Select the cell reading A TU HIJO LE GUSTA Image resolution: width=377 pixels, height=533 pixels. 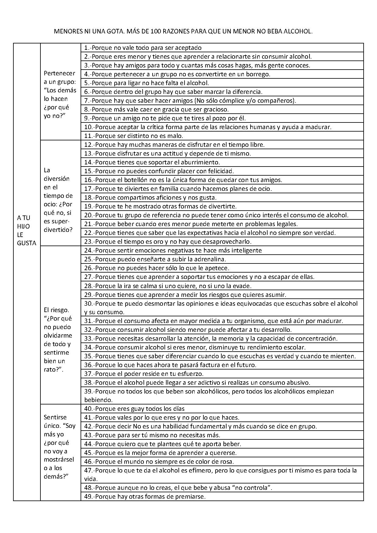point(27,230)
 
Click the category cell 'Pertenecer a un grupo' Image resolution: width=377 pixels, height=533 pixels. point(60,94)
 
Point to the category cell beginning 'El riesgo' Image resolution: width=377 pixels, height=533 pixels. point(58,340)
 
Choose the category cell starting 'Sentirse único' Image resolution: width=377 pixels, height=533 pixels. point(60,447)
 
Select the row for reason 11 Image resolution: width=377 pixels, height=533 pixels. point(222,136)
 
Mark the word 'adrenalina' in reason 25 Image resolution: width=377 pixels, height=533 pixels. point(210,259)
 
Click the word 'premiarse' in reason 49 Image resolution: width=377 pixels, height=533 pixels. point(192,497)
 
